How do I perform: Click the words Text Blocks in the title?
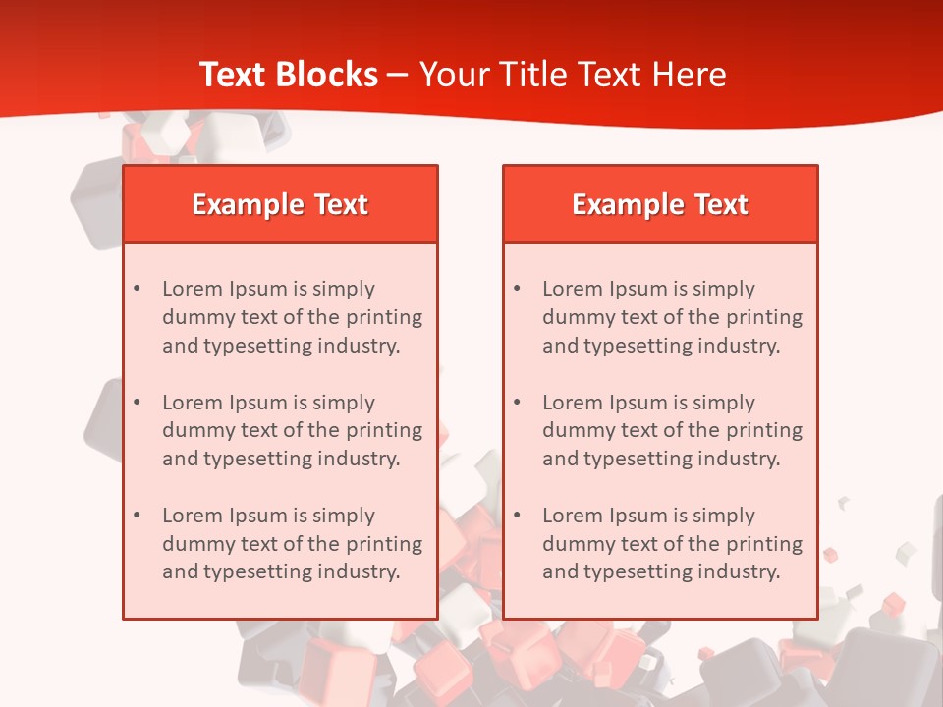(x=288, y=75)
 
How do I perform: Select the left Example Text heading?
(x=280, y=204)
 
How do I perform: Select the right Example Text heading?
(x=660, y=204)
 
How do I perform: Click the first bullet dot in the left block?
(x=137, y=289)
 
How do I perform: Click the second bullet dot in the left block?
(x=137, y=403)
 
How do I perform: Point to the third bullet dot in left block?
(x=137, y=516)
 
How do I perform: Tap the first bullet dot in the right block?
(x=517, y=289)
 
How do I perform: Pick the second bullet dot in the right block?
(x=517, y=403)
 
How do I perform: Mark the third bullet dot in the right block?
(x=517, y=516)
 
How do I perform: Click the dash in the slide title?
(x=398, y=76)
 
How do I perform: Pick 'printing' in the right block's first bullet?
(x=766, y=317)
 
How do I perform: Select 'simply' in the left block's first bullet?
(x=344, y=290)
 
